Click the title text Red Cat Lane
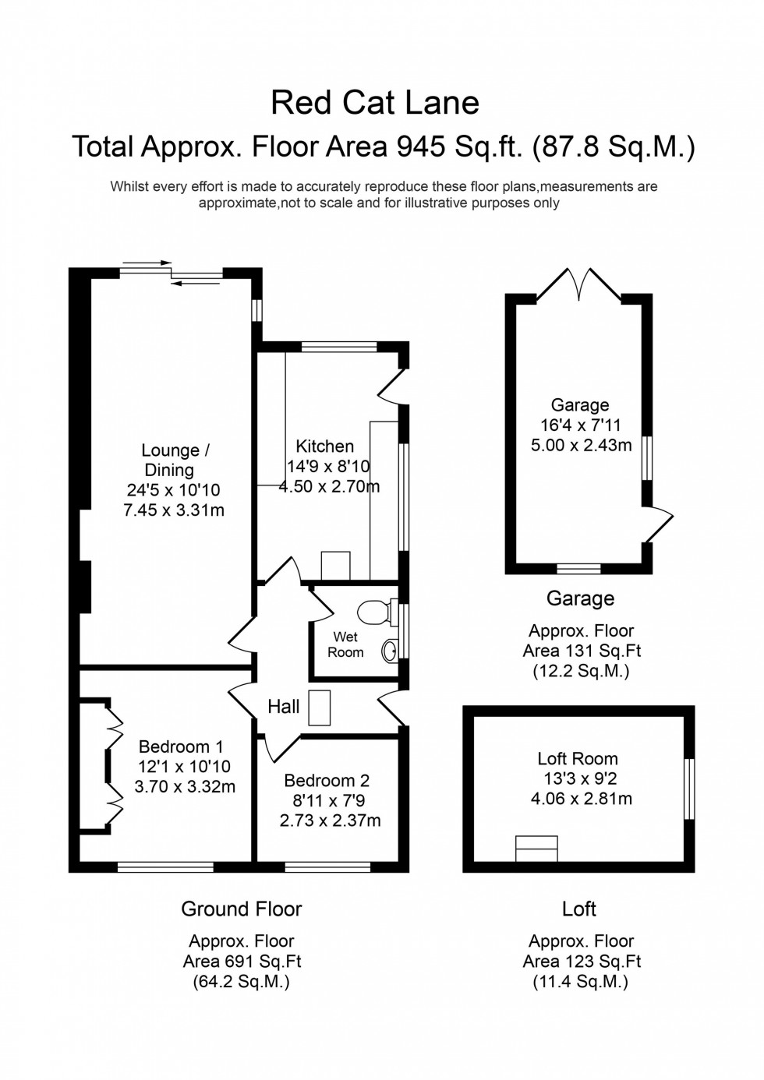coord(375,103)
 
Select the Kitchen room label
coord(325,446)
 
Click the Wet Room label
coord(345,644)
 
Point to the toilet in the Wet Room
coord(376,612)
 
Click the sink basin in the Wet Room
coord(389,650)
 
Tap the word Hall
coord(283,707)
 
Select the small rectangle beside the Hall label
coord(320,707)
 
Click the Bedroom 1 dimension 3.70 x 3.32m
coord(185,787)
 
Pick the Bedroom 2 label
coord(327,781)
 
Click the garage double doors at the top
coord(578,285)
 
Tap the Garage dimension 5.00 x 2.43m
coord(579,446)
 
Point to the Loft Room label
coord(578,759)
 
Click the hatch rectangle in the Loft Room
coord(537,849)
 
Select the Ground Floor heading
coord(241,909)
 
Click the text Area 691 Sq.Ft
coord(242,962)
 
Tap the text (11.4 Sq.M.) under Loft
coord(580,982)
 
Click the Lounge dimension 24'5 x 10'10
coord(173,490)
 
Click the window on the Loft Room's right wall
coord(688,789)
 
